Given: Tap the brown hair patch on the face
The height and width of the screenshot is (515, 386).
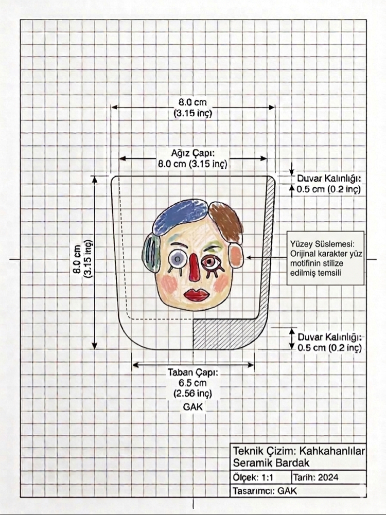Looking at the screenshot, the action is tap(226, 221).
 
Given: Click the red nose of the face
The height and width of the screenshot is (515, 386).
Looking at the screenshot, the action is tap(194, 267).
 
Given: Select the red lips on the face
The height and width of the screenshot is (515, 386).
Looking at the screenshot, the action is tap(197, 294).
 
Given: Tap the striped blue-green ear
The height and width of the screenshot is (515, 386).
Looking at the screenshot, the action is tap(151, 252).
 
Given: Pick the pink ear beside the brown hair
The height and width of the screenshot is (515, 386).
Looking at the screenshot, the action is tap(236, 257).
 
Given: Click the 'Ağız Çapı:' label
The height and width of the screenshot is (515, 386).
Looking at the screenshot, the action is tap(193, 153).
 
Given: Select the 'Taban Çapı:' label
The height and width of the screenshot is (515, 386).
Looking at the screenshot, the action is tap(193, 372).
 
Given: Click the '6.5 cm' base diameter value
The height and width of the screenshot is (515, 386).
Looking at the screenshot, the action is tap(193, 383).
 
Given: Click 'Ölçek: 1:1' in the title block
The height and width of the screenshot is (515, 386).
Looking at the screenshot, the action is tap(253, 477).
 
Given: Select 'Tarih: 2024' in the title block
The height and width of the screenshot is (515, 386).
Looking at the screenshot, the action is tap(315, 477).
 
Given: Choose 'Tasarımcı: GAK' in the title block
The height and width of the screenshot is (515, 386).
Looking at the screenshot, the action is tap(265, 491).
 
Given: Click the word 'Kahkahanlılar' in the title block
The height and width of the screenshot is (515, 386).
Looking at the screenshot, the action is tap(332, 451).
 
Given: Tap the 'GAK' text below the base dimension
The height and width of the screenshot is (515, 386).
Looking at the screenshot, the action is tap(193, 407).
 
